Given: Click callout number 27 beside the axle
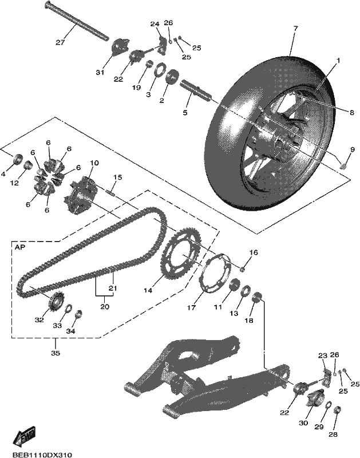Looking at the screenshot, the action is pyautogui.click(x=60, y=42).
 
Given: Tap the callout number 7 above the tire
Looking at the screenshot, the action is pyautogui.click(x=295, y=28).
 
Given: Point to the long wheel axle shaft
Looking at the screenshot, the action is pyautogui.click(x=77, y=21).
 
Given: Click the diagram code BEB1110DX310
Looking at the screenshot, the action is pyautogui.click(x=42, y=455).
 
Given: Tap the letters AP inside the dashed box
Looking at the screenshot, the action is pyautogui.click(x=20, y=247).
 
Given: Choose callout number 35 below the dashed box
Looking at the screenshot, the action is pyautogui.click(x=55, y=353).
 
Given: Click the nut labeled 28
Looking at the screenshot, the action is pyautogui.click(x=338, y=411).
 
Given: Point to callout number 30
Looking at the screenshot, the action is pyautogui.click(x=303, y=423).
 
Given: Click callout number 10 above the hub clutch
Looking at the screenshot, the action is pyautogui.click(x=94, y=163).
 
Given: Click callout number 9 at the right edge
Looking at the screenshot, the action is pyautogui.click(x=352, y=149).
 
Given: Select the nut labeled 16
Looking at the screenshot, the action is pyautogui.click(x=242, y=269).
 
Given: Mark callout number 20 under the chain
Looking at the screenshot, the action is pyautogui.click(x=105, y=307).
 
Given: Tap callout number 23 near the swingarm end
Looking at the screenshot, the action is pyautogui.click(x=323, y=356).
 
